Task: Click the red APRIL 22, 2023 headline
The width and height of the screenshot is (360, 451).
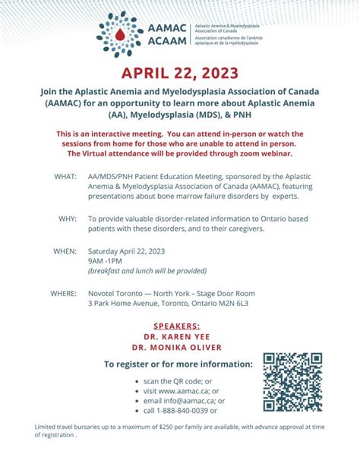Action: pos(180,74)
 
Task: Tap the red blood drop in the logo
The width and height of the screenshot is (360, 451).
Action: pos(118,33)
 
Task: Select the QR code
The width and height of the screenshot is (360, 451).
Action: pos(292,382)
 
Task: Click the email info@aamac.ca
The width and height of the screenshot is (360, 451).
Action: pos(182,400)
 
